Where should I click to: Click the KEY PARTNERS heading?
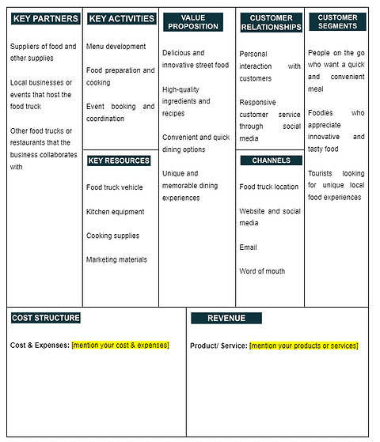coord(46,18)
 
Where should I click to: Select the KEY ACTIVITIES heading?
coord(120,18)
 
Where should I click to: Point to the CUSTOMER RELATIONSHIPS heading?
coord(271,22)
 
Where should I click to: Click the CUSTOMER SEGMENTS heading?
coord(338,21)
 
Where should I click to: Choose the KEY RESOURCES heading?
coord(119,161)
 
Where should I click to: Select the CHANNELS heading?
coord(271,161)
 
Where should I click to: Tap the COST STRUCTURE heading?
coord(46,318)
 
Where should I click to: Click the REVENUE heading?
coord(226,318)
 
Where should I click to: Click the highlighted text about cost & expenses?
coord(120,345)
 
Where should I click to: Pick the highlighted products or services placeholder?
coord(303,346)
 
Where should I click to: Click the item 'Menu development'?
coord(116,47)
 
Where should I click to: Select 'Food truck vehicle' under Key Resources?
coord(115,187)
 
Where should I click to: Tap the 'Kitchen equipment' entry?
coord(116,212)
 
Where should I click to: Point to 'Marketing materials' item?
coord(116,259)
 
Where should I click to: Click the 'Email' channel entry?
coord(248,247)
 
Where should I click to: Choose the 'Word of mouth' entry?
coord(262,271)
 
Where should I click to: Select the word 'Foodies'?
coord(321,113)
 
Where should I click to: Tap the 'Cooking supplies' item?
coord(112,236)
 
